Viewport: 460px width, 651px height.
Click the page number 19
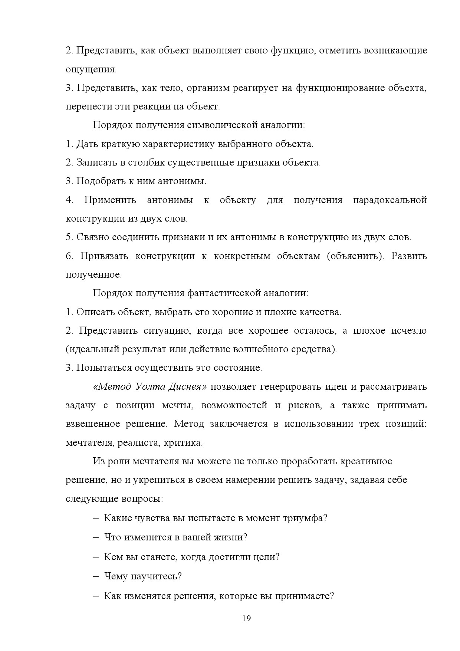click(x=246, y=618)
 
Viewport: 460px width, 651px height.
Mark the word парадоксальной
click(x=390, y=200)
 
